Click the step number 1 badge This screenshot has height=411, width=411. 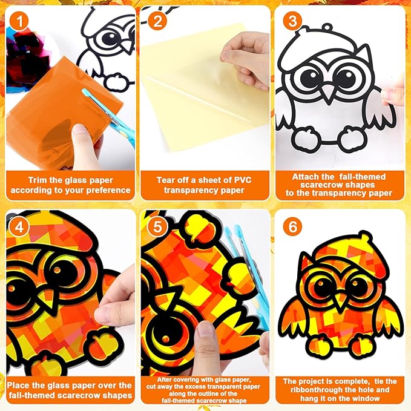19,21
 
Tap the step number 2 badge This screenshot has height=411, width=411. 157,21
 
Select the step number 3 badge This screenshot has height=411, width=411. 292,21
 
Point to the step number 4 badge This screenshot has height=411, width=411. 19,226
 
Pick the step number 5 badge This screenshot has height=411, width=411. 157,226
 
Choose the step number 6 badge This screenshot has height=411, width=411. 292,226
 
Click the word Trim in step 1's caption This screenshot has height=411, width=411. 38,180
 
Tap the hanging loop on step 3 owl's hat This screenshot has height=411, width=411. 327,27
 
